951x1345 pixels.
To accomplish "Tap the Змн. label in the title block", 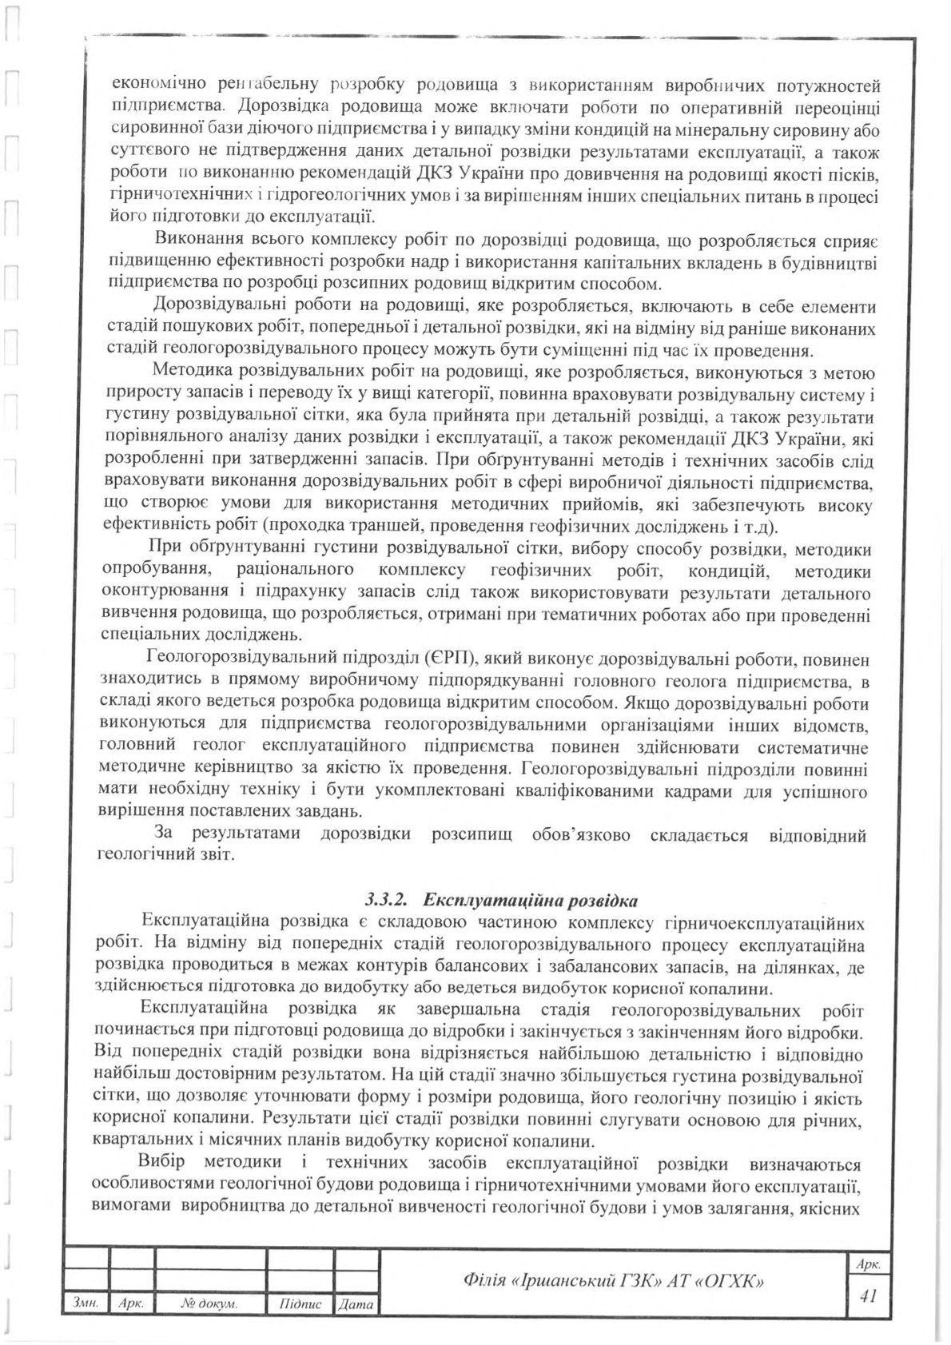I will tap(84, 1303).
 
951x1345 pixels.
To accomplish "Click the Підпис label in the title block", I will tap(300, 1303).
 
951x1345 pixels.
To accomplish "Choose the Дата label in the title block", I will tap(356, 1304).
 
